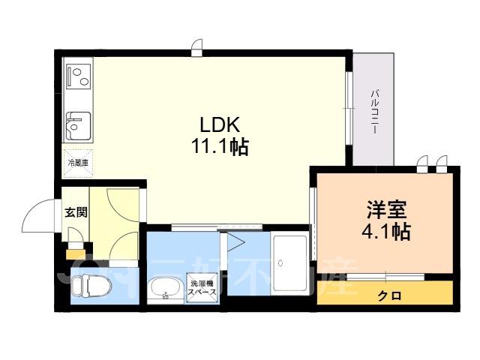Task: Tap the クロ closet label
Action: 388,295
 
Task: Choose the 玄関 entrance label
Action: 75,212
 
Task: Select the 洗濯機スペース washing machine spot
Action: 202,289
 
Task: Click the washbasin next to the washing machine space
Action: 164,289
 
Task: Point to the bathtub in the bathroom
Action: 289,263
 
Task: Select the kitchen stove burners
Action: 78,76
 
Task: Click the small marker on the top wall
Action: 196,49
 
